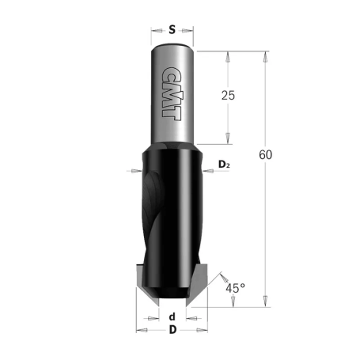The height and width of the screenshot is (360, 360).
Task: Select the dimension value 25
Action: (x=229, y=96)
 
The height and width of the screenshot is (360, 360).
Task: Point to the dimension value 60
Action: (x=265, y=154)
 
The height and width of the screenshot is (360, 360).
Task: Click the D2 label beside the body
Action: (x=223, y=165)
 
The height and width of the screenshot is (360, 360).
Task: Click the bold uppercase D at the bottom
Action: (x=172, y=329)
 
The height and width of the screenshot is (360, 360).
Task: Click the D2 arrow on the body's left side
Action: (x=135, y=170)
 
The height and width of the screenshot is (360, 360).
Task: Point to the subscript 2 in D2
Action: (x=228, y=167)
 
